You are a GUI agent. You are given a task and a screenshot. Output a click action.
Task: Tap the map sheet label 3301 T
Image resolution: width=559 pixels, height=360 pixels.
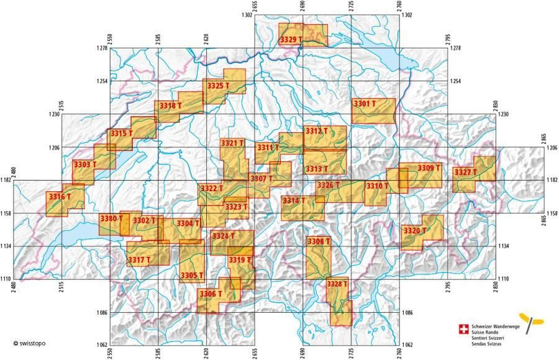tap(365, 104)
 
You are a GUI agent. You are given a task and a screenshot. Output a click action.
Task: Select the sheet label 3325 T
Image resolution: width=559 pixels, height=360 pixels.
tap(219, 86)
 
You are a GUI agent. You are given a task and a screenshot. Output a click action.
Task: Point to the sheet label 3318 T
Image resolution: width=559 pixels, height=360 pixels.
tap(170, 106)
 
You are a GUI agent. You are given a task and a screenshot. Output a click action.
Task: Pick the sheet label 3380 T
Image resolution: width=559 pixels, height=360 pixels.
tap(113, 218)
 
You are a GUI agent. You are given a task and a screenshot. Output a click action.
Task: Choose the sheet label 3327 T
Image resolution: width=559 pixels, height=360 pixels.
tap(465, 172)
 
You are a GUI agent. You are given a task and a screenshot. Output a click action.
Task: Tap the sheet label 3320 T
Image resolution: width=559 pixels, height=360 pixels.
tap(415, 231)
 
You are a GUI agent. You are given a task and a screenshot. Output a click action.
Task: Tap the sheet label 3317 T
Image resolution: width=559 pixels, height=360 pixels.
tap(140, 260)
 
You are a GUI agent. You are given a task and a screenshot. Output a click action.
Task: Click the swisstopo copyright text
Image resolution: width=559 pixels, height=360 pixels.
tap(29, 343)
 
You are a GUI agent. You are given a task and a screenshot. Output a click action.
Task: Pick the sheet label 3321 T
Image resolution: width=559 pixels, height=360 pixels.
tap(233, 143)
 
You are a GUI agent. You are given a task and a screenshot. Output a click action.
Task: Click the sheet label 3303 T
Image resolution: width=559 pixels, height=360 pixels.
tap(85, 164)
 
